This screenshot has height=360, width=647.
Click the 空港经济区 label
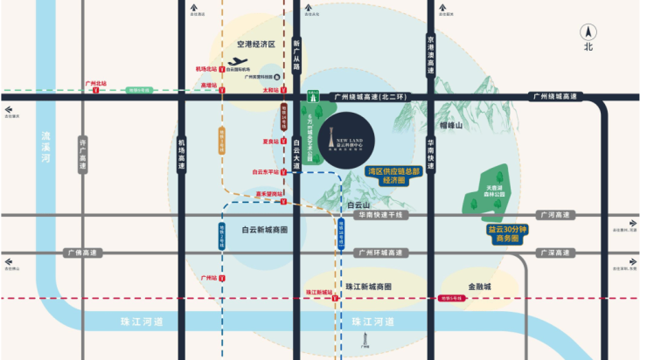point(255,44)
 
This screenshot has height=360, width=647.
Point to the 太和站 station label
point(270,89)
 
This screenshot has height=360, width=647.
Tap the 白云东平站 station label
point(264,172)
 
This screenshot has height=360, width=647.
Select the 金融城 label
point(479,287)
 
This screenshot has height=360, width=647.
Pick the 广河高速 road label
point(553,215)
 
